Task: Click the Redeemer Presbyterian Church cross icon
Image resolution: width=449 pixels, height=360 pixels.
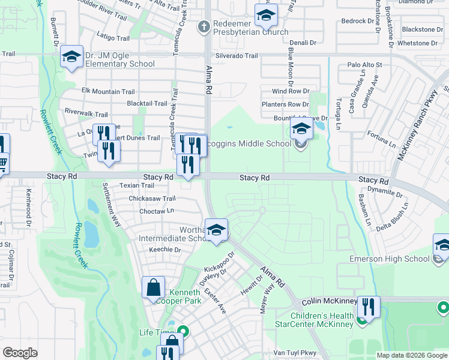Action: point(204,26)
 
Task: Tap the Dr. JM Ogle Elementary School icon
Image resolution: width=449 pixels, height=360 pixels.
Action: point(71,58)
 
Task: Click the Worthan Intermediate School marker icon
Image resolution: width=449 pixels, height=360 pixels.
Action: point(216,230)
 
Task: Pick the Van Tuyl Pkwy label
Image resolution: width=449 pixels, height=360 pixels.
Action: point(294,353)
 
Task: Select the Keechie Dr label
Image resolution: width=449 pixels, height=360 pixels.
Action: point(164,250)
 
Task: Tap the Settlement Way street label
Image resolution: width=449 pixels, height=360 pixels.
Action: point(112,204)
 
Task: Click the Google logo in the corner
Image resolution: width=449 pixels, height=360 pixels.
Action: point(20,353)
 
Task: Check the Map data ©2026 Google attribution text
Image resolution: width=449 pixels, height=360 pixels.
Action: point(411,355)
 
